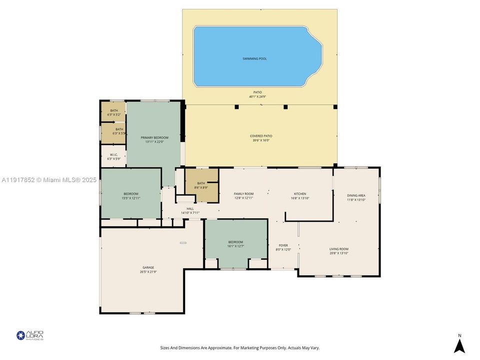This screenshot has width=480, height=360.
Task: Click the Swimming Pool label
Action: (x=254, y=58)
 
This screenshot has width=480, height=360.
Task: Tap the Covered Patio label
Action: (x=261, y=136)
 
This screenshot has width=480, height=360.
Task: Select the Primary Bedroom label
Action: (x=154, y=137)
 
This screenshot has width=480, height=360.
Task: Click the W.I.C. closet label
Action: (x=113, y=155)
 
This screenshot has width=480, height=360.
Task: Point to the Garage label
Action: (x=148, y=267)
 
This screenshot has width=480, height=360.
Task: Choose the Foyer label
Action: (x=283, y=245)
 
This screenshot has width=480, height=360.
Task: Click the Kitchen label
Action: (x=300, y=194)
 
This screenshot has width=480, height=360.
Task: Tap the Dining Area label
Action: (x=356, y=195)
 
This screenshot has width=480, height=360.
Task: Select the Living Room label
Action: (x=338, y=249)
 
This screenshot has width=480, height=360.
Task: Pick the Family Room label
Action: (x=244, y=194)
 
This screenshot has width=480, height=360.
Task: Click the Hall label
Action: (x=190, y=209)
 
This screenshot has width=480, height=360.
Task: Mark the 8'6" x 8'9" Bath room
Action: (x=201, y=185)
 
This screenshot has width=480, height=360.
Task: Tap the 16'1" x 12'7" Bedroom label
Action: (x=235, y=244)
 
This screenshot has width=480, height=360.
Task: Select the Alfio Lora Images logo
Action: (x=30, y=335)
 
